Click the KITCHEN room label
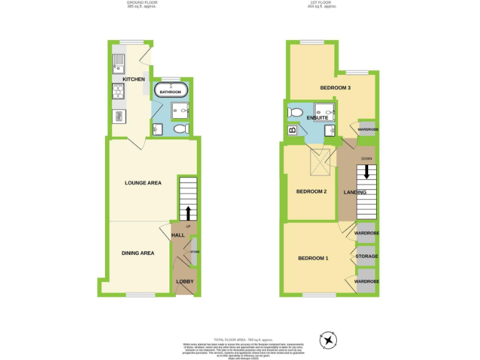pos(134,79)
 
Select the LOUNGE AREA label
pos(143,183)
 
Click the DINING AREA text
pos(137,253)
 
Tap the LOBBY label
pos(185,281)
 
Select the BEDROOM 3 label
pos(335,88)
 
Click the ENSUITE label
pos(317,117)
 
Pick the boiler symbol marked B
pos(292,131)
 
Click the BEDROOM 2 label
pos(311,192)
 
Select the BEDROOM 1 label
pos(312,258)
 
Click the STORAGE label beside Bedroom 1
pos(366,257)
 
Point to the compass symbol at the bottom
pos(327,339)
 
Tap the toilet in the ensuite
pos(295,113)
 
